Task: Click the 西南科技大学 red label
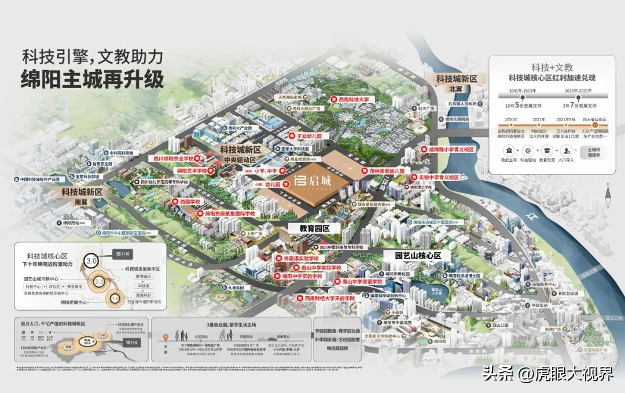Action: point(354,99)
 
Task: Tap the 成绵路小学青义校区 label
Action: point(447,149)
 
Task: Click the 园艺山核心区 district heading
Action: point(418,255)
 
